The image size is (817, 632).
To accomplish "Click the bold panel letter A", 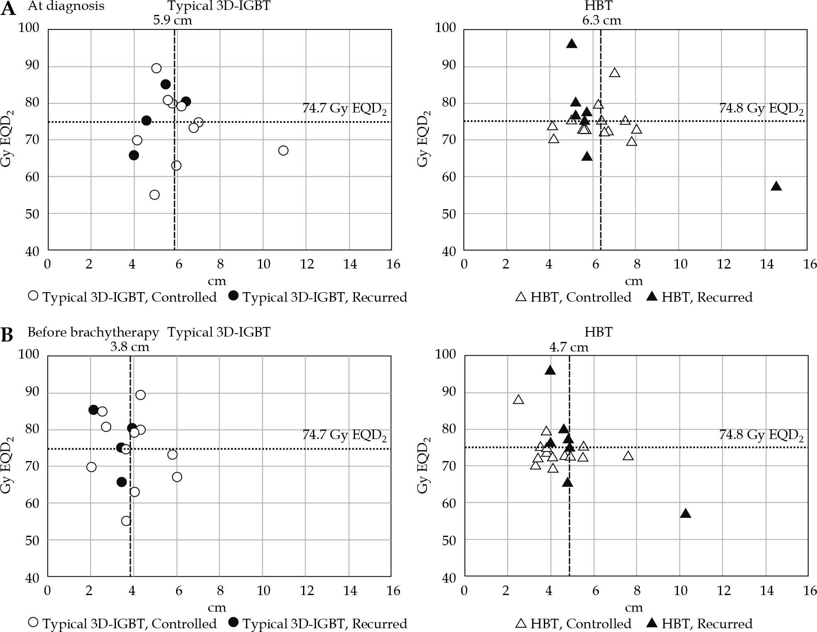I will [x=8, y=9].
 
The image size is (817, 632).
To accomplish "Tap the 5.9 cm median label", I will [x=172, y=20].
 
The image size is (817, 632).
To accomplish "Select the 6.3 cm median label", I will [x=602, y=20].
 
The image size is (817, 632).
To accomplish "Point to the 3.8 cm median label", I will [x=130, y=347].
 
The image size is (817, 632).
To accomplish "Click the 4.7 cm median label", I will [x=569, y=347].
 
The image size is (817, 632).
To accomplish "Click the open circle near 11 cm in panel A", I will [x=283, y=150].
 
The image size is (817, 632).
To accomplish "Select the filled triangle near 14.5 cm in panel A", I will [x=776, y=186].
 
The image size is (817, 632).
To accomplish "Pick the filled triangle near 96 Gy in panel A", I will [x=572, y=44].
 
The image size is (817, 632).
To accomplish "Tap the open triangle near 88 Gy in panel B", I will [x=518, y=400].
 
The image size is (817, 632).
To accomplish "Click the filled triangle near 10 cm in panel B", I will [x=685, y=514].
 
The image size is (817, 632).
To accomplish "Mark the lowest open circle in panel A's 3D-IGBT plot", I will [x=154, y=195].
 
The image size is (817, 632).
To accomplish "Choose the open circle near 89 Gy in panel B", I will [x=140, y=395].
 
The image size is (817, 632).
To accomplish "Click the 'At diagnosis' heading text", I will [x=66, y=6].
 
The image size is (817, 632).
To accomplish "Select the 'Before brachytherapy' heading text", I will [x=93, y=332].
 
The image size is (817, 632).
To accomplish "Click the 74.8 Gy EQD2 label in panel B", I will [x=761, y=436].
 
